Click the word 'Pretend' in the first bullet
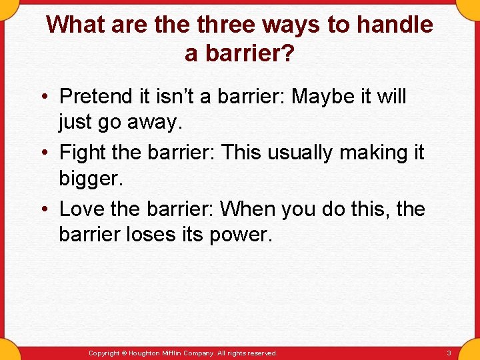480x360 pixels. tap(96, 97)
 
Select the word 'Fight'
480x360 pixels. tap(83, 153)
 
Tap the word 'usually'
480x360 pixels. tap(307, 153)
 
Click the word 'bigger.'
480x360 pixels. tap(91, 179)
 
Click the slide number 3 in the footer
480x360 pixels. tap(449, 353)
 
